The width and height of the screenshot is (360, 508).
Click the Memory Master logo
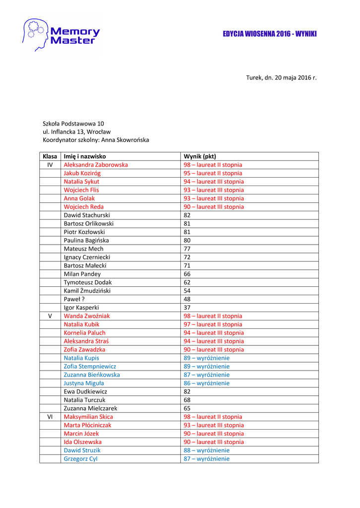pyautogui.click(x=61, y=35)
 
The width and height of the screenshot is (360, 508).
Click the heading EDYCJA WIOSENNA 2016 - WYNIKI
pyautogui.click(x=270, y=34)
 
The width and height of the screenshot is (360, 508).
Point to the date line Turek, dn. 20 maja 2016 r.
pyautogui.click(x=281, y=77)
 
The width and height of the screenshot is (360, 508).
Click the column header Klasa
pyautogui.click(x=50, y=156)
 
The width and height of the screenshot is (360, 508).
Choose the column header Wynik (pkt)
pyautogui.click(x=200, y=156)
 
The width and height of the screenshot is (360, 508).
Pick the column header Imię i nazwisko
pyautogui.click(x=85, y=156)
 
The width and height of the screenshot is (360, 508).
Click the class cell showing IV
pyautogui.click(x=50, y=165)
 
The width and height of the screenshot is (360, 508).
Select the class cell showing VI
pyautogui.click(x=50, y=417)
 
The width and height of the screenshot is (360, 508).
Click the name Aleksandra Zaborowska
pyautogui.click(x=96, y=165)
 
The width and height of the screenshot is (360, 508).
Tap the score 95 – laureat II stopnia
pyautogui.click(x=213, y=173)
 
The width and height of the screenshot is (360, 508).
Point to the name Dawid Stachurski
pyautogui.click(x=87, y=215)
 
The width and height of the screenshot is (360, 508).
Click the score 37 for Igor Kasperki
pyautogui.click(x=187, y=308)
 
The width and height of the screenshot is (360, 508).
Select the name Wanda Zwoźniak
pyautogui.click(x=87, y=316)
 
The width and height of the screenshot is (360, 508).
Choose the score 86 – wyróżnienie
pyautogui.click(x=207, y=383)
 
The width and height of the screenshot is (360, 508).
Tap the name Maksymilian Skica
pyautogui.click(x=88, y=417)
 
